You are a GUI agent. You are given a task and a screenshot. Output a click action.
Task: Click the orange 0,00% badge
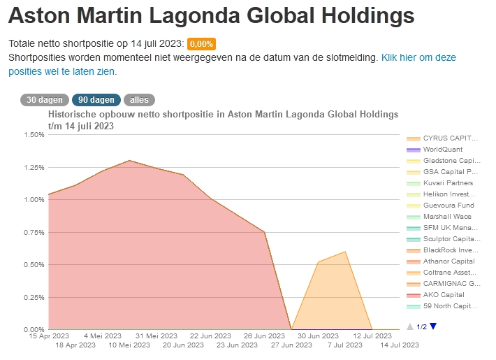point(201,43)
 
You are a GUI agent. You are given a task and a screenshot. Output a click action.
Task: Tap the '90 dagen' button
point(97,100)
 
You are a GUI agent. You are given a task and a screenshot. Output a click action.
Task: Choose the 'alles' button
point(140,100)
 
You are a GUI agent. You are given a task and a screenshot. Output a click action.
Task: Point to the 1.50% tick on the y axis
point(34,135)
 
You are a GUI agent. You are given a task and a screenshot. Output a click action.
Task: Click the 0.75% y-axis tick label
point(34,232)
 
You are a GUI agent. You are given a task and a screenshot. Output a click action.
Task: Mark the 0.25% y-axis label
point(34,297)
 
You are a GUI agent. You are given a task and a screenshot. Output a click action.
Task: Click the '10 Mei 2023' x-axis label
point(129,345)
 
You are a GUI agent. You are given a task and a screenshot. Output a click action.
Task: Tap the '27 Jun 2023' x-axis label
point(291,345)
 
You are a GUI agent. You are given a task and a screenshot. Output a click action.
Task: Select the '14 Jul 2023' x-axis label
point(399,345)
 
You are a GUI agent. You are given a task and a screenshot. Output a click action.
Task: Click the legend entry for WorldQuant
point(442,150)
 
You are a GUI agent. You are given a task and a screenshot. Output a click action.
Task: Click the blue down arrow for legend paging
point(433,326)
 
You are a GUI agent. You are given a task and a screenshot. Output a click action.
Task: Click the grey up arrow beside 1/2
point(410,326)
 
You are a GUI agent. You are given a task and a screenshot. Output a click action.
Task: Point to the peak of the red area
point(129,161)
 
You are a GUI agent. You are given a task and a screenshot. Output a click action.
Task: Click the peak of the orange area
point(345,252)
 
